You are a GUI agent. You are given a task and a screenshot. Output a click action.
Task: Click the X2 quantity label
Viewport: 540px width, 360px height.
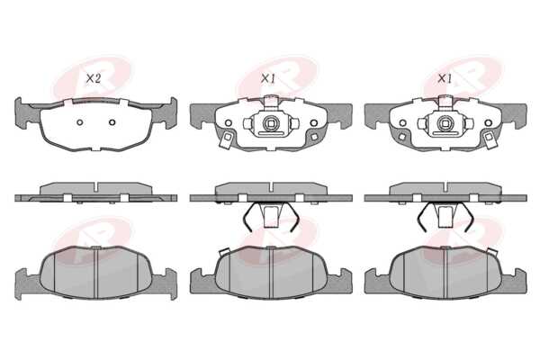click(93, 79)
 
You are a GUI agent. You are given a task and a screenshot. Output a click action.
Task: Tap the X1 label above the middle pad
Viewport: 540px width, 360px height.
click(268, 79)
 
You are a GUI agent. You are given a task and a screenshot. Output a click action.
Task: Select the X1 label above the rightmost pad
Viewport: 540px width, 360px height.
click(445, 79)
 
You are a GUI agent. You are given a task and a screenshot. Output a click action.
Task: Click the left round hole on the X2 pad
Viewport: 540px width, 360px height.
click(80, 122)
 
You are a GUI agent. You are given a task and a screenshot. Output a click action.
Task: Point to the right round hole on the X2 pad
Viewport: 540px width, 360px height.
click(112, 122)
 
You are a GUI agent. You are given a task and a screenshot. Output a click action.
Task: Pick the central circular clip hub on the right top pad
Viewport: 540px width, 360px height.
click(444, 122)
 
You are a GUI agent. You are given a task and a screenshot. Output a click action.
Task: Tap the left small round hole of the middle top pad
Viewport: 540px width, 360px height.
click(228, 123)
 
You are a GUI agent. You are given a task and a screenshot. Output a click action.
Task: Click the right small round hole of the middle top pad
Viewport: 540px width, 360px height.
click(313, 123)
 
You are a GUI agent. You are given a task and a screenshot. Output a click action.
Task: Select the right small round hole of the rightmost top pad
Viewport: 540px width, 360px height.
click(488, 123)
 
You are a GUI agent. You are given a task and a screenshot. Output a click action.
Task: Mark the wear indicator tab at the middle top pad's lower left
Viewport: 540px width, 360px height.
click(227, 140)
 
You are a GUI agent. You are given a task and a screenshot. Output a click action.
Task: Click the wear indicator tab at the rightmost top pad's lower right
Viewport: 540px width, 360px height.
click(489, 140)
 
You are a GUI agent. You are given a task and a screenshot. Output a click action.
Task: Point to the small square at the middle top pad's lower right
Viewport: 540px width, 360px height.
click(314, 137)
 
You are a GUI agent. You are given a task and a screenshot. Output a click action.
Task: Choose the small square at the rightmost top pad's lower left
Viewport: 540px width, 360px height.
click(401, 137)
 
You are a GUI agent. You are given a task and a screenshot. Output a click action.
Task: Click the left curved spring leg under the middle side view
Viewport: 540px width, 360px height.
click(248, 216)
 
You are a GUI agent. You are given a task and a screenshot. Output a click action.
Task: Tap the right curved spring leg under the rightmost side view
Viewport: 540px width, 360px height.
click(468, 216)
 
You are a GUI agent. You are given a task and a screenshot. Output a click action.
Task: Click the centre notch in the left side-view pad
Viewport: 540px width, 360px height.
click(96, 188)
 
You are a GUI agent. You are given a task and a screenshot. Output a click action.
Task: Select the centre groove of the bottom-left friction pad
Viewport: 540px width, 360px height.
click(96, 274)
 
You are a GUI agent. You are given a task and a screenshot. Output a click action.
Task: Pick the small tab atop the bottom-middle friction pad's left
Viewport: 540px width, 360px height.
click(224, 252)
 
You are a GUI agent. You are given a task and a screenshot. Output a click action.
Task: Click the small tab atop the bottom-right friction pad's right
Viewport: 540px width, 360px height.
click(493, 253)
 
